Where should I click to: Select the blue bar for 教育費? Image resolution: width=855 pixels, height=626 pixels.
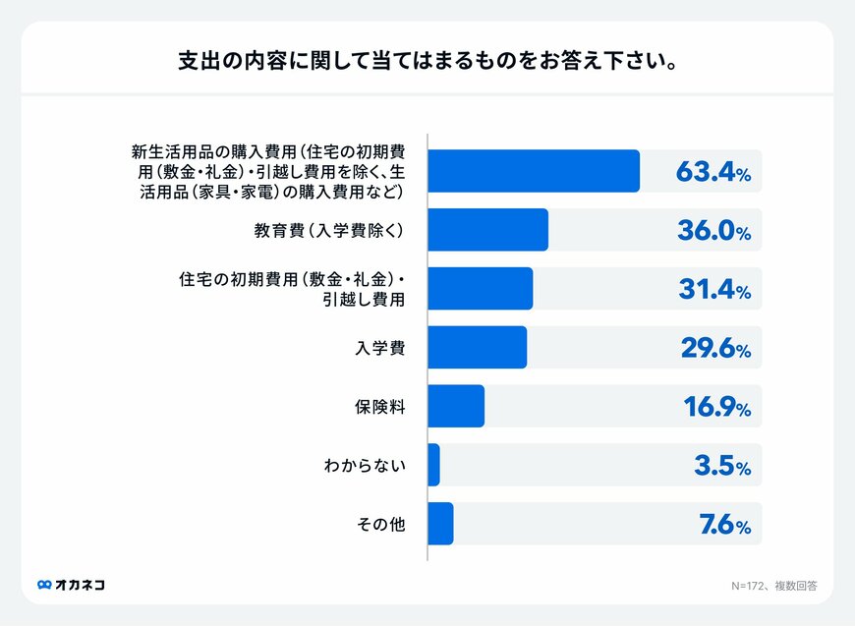[x=488, y=230]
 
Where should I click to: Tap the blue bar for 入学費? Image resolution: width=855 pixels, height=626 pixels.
[x=478, y=348]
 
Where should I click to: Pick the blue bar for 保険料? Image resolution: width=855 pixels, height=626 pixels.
[x=457, y=406]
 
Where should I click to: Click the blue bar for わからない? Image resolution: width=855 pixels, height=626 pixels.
[x=434, y=465]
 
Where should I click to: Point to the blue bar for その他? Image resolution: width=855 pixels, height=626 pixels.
[x=441, y=524]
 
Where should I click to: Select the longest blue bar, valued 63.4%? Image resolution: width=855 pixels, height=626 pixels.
[x=534, y=171]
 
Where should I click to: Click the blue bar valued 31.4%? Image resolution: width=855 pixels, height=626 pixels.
[x=481, y=289]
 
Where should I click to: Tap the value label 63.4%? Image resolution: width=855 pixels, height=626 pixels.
[x=713, y=172]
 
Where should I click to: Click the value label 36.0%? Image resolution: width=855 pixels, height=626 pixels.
[x=713, y=231]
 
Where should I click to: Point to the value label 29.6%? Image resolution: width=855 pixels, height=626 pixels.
[x=713, y=349]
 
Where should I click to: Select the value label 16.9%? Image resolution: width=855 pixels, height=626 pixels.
[x=713, y=407]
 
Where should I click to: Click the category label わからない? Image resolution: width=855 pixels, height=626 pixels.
[x=365, y=465]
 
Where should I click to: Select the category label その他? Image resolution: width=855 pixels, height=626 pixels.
[x=381, y=524]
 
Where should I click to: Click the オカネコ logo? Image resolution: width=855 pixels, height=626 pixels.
[x=71, y=585]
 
